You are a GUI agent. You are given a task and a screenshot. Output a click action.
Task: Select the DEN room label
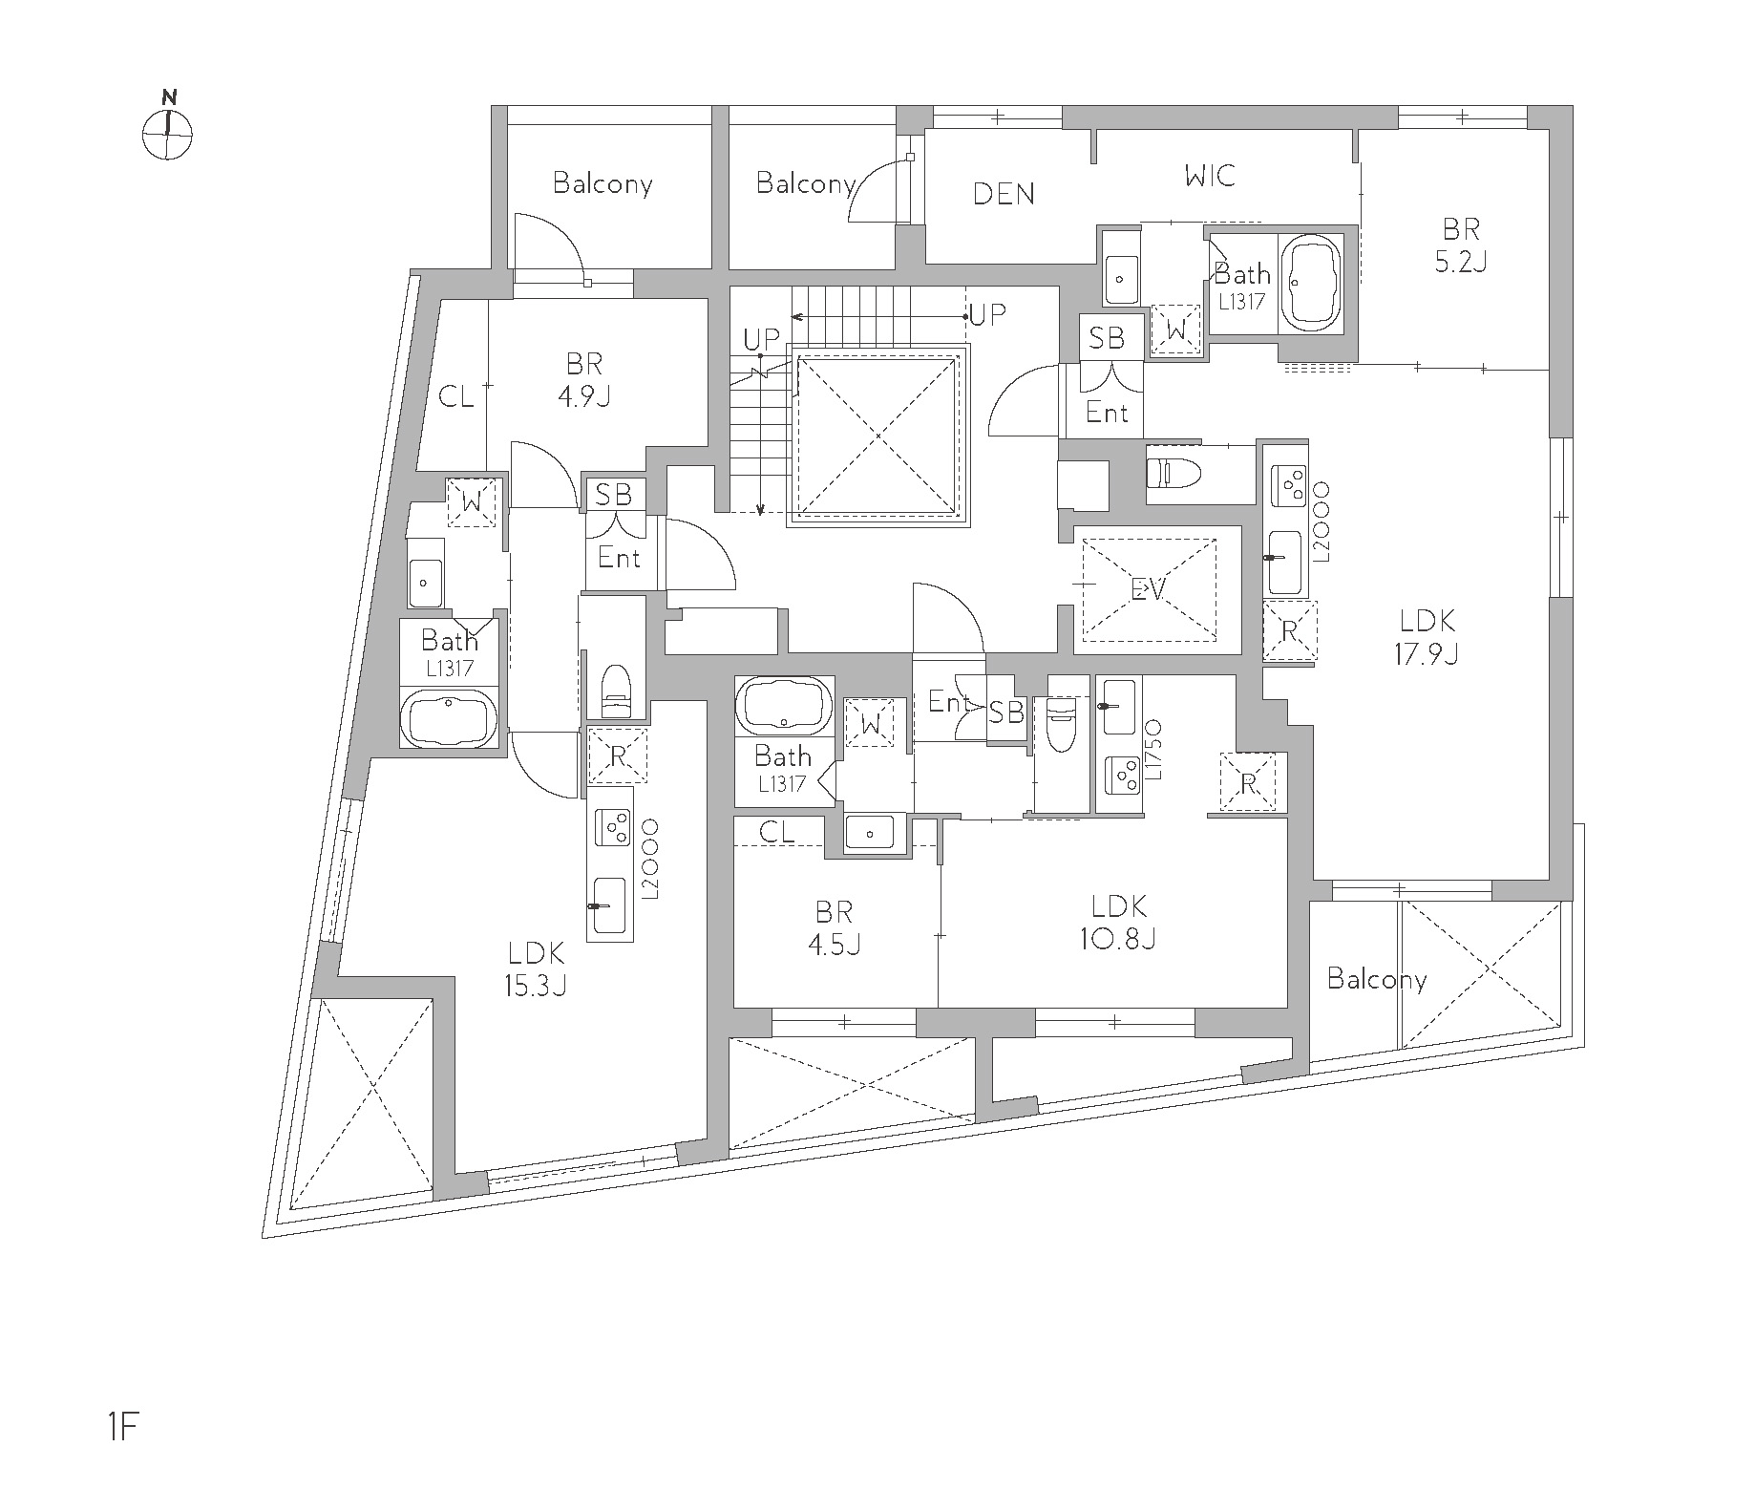pos(1004,194)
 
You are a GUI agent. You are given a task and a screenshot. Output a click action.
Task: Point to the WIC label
pos(1210,176)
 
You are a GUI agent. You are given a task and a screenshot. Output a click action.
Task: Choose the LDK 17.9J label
pos(1427,637)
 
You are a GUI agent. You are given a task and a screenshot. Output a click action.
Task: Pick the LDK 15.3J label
pos(536,968)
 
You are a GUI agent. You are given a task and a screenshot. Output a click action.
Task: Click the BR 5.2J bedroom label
pos(1461,245)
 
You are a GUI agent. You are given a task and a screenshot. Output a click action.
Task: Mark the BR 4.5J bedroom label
pos(835,927)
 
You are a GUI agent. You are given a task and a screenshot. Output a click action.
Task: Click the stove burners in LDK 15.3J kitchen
pos(610,825)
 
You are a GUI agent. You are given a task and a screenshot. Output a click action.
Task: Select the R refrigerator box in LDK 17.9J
pos(1289,630)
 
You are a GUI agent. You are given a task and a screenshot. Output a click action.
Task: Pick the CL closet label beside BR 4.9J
pos(455,395)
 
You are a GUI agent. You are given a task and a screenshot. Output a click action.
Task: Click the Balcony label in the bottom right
pos(1377,979)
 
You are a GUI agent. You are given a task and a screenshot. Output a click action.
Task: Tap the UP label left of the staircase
pos(762,338)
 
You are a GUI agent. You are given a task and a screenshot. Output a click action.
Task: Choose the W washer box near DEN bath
pos(1176,330)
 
